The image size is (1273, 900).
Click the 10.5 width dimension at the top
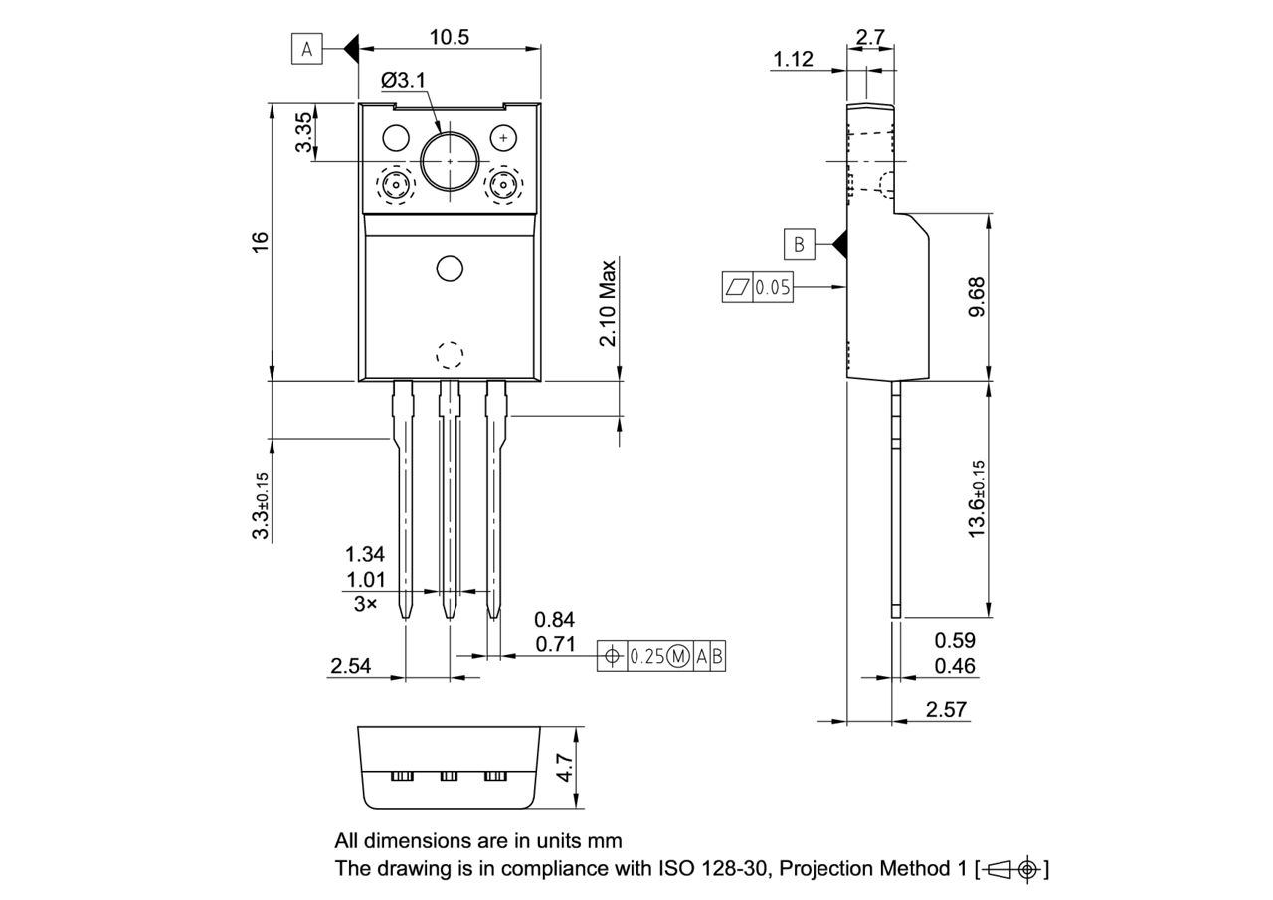(x=449, y=37)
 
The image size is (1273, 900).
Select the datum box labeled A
(x=307, y=48)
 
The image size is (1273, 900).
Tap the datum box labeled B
(x=799, y=243)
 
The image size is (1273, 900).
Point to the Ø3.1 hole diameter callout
(x=403, y=79)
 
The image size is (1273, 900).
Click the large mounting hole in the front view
(x=450, y=160)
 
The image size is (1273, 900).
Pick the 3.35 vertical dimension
(x=304, y=132)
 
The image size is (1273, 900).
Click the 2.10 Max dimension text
(x=608, y=302)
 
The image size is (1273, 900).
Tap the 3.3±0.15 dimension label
(x=261, y=505)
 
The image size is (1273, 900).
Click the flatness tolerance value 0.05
(x=772, y=288)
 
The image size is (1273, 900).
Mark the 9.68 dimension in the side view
(x=976, y=296)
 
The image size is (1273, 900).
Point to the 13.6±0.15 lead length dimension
(x=976, y=500)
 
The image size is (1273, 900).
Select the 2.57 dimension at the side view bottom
(x=946, y=709)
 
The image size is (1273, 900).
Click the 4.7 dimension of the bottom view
(x=565, y=768)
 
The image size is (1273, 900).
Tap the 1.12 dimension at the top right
(x=793, y=59)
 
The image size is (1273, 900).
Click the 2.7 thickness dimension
(x=870, y=37)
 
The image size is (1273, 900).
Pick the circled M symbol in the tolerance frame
(x=678, y=656)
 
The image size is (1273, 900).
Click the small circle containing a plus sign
(x=504, y=136)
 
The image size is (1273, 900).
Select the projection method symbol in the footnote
(x=1012, y=869)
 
